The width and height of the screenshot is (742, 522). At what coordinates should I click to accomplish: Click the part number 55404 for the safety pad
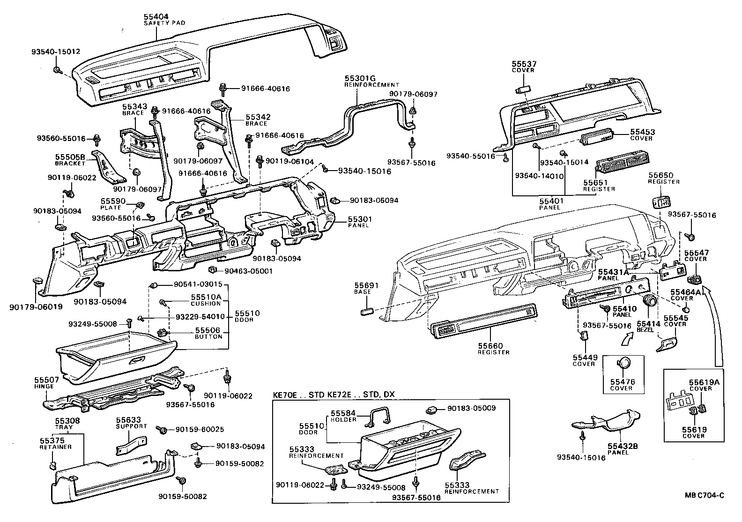tap(157, 16)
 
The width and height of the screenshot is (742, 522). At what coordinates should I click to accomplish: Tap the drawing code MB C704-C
tap(705, 508)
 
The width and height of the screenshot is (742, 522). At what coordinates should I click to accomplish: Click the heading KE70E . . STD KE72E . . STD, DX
tap(334, 395)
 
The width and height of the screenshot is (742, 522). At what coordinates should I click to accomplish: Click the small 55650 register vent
tap(660, 202)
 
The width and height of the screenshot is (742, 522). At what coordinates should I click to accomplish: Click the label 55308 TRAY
tap(67, 424)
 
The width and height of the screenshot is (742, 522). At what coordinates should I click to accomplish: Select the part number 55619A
tap(704, 382)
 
